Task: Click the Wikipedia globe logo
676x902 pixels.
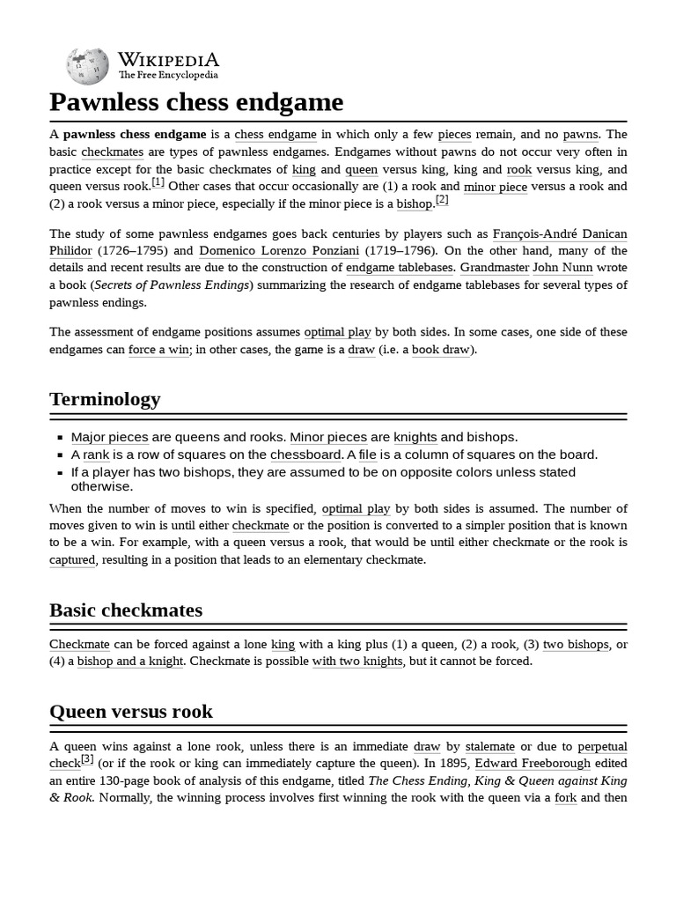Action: pos(87,66)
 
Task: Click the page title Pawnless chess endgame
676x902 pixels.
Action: pos(195,103)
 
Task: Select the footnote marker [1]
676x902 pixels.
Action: pos(158,182)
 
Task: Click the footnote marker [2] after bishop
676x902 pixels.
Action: pos(442,200)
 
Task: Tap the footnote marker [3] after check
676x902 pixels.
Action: pos(87,759)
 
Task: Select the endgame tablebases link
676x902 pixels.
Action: pos(400,268)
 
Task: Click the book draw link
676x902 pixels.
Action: pos(440,350)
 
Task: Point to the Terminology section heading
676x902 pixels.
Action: pos(105,399)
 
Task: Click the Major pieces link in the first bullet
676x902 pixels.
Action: pos(109,438)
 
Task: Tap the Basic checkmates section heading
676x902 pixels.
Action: pos(126,610)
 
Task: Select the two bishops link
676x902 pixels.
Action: pos(575,644)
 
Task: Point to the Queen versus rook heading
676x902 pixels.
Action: pos(131,712)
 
